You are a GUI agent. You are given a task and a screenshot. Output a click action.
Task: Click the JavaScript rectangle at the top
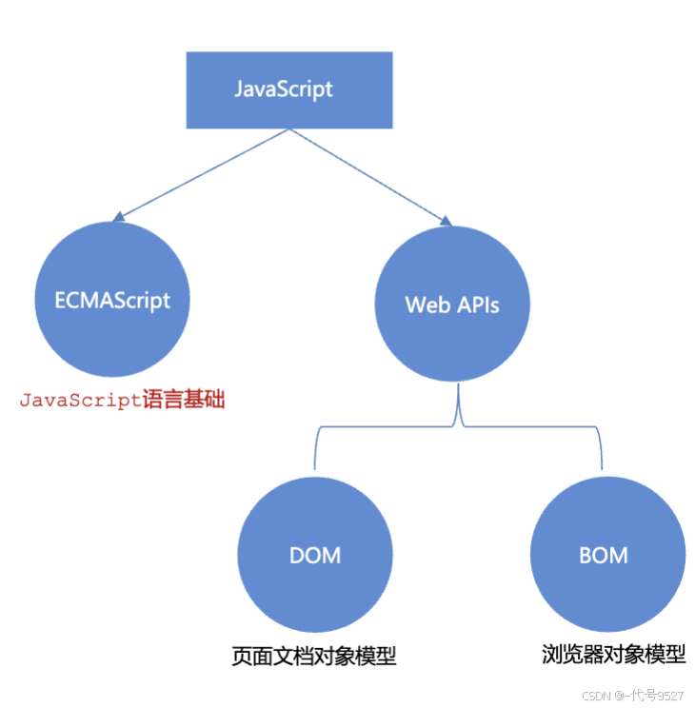[289, 89]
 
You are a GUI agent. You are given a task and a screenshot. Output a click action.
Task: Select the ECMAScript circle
[112, 300]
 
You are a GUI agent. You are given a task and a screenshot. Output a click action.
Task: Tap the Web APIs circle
[452, 304]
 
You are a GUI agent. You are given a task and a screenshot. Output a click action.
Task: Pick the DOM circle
[315, 555]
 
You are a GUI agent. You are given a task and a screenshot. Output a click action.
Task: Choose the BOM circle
[607, 555]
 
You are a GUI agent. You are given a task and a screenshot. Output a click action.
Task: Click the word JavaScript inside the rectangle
[284, 88]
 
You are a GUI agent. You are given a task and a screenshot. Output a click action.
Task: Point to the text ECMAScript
[112, 301]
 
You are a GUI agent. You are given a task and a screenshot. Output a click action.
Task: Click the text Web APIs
[452, 305]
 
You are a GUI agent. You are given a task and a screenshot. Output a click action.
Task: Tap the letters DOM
[315, 556]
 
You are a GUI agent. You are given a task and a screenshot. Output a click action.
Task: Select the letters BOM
[604, 556]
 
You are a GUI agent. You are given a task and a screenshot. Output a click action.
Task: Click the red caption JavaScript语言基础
[123, 400]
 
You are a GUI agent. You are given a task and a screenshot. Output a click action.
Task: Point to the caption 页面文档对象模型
[314, 656]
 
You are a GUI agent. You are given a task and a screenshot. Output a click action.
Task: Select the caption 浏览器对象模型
[614, 655]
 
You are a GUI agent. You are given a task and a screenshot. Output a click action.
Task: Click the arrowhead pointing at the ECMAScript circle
[119, 217]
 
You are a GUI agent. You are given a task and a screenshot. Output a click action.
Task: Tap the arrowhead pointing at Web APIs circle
[446, 221]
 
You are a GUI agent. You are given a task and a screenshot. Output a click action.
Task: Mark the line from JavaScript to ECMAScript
[206, 173]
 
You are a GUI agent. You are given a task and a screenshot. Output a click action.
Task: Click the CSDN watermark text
[632, 695]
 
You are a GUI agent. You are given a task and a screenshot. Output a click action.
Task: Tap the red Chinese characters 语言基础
[184, 400]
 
